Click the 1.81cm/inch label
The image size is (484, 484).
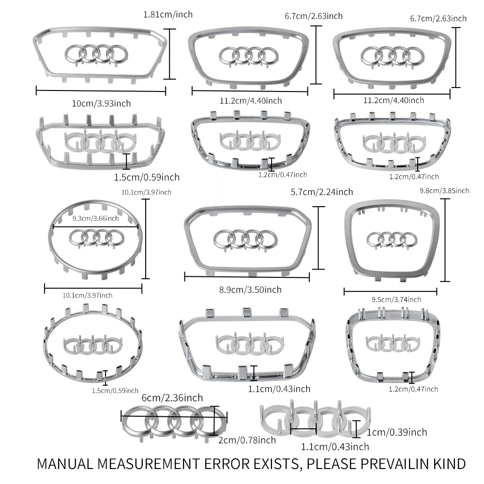click(x=168, y=15)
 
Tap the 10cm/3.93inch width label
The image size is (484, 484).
click(x=101, y=104)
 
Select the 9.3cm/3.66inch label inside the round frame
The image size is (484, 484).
click(x=96, y=219)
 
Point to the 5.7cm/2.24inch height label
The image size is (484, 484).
click(x=322, y=192)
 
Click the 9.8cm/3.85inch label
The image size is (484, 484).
click(x=444, y=191)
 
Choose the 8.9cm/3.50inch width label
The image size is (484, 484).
click(x=250, y=290)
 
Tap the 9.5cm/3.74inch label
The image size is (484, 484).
click(x=396, y=300)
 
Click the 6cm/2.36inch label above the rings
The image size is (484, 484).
click(x=172, y=397)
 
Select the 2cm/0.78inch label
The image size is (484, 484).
click(x=247, y=440)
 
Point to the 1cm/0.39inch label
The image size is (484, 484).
click(x=397, y=432)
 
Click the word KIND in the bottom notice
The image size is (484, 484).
click(x=450, y=464)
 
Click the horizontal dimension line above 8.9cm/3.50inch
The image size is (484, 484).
click(x=247, y=277)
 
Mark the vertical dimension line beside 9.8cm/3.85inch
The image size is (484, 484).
click(x=445, y=240)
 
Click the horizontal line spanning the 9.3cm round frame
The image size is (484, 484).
click(x=96, y=227)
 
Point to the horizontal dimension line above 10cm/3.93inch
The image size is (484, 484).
click(x=101, y=91)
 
